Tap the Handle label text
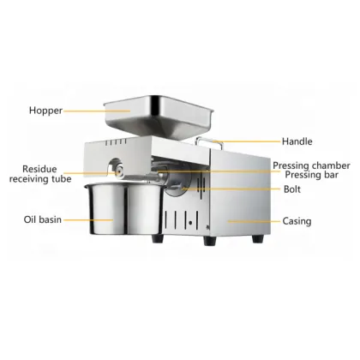[x=297, y=141]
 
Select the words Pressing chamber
[x=311, y=165]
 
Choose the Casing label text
[x=297, y=221]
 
